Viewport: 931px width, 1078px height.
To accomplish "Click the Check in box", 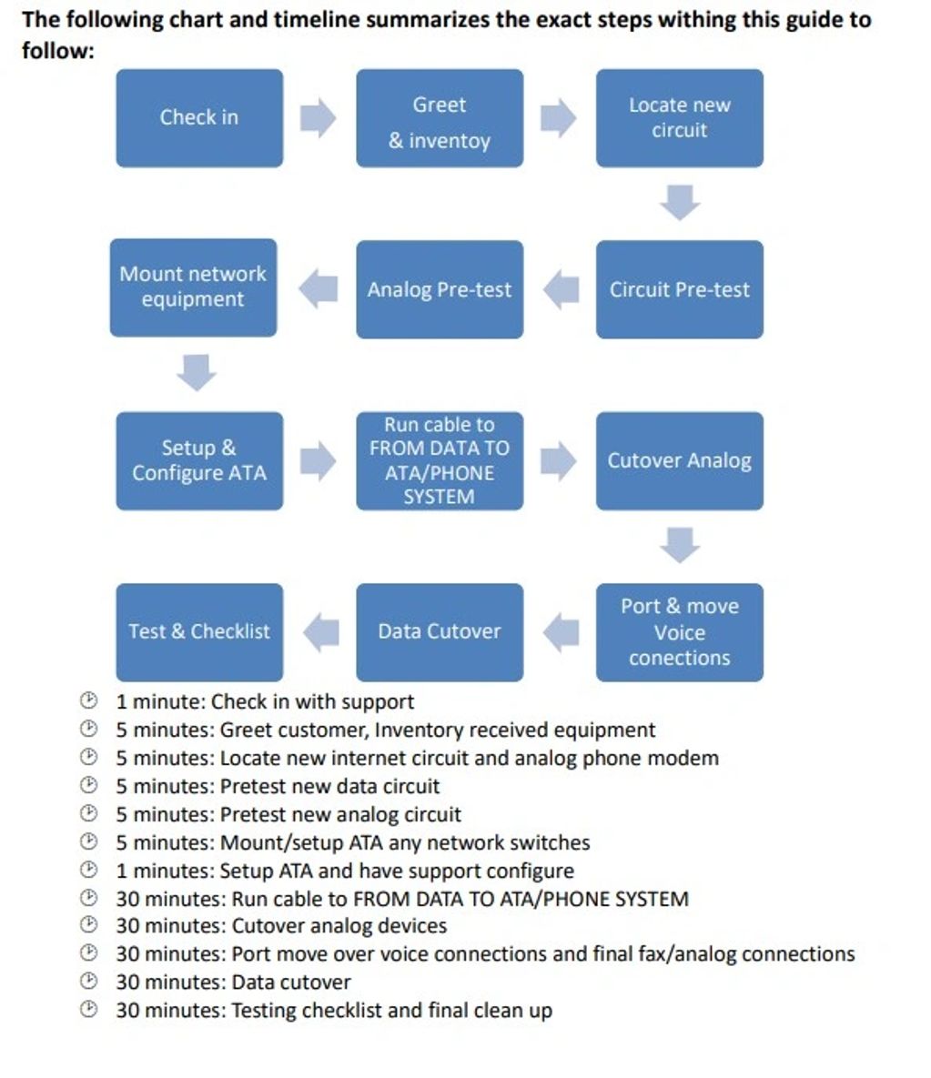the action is coord(199,117).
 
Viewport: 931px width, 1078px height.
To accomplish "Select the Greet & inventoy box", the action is coord(440,117).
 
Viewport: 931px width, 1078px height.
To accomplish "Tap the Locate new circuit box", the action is coord(679,117).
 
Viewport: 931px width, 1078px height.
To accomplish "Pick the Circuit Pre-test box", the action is coord(679,289).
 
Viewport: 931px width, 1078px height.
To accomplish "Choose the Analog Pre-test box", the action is coord(440,289).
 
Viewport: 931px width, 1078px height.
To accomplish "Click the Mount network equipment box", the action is coord(193,287).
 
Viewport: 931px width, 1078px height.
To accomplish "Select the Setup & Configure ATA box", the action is coord(199,460).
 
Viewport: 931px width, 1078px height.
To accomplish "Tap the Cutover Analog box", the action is coord(679,460).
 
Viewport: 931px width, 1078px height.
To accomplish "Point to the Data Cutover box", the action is coord(440,632).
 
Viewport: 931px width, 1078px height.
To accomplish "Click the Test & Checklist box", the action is coord(199,632).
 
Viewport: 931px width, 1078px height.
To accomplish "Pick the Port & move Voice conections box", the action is coord(679,632).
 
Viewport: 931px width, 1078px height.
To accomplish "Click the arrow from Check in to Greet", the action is coord(319,117).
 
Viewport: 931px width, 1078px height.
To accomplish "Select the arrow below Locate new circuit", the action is coord(680,202).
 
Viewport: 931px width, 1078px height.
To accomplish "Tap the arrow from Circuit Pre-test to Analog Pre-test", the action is coord(561,289).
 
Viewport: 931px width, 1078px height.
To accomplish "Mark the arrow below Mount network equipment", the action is coord(197,373).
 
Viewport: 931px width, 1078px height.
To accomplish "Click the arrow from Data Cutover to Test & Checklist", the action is coord(320,632).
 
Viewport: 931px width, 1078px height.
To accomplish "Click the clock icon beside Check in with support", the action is coord(88,700).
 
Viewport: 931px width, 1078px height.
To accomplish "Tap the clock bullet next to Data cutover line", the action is coord(88,981).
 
